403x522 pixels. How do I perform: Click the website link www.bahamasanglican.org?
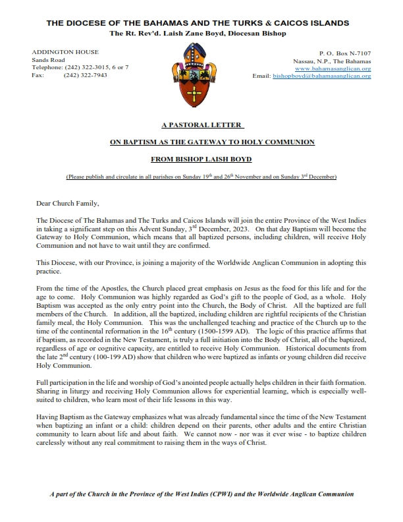(333, 68)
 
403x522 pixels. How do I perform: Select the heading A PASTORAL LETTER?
(201, 124)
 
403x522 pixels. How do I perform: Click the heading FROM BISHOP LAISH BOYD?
(201, 159)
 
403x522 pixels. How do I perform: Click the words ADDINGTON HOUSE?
(65, 52)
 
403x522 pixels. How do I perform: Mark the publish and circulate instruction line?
(201, 177)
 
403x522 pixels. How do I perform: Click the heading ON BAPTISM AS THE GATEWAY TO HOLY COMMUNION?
(201, 142)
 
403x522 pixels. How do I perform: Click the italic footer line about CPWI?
(201, 494)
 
